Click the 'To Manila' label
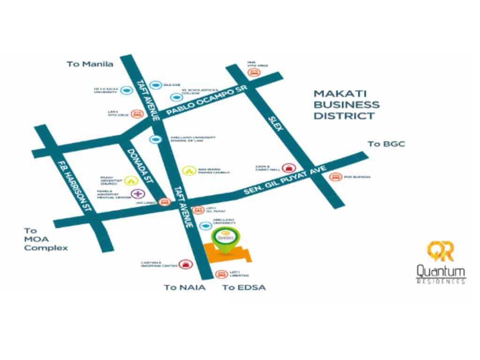[x=90, y=64]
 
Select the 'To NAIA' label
[x=184, y=287]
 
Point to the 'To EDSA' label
[x=244, y=287]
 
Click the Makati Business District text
[x=346, y=104]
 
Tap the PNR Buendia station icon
[x=334, y=177]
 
